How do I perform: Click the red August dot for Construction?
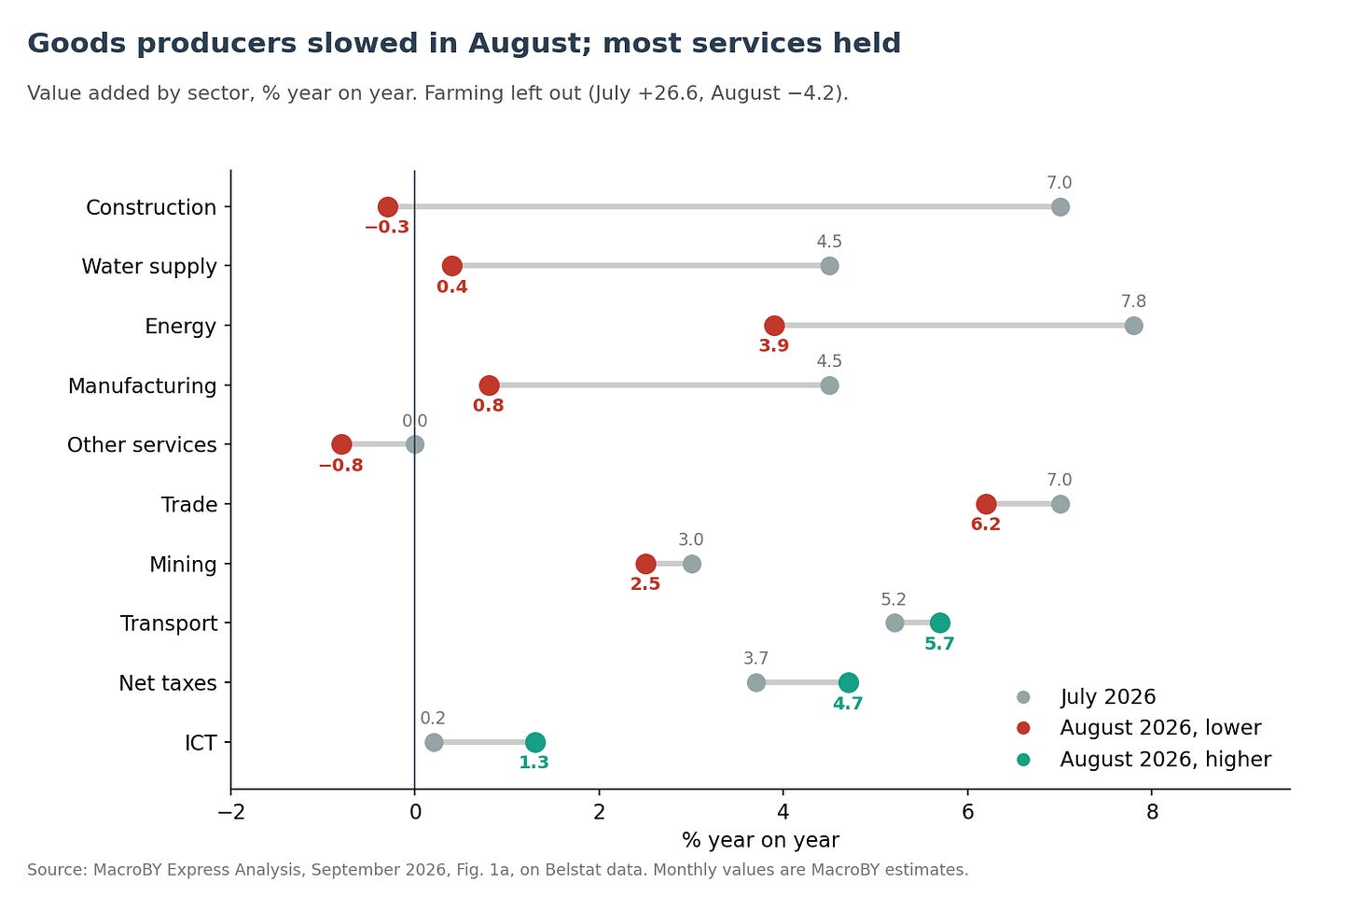pyautogui.click(x=387, y=207)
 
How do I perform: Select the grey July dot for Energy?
pyautogui.click(x=1134, y=326)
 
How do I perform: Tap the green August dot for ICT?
pyautogui.click(x=534, y=742)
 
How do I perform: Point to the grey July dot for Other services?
pyautogui.click(x=415, y=444)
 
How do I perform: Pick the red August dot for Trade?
pyautogui.click(x=986, y=504)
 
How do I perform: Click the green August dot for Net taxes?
pyautogui.click(x=848, y=682)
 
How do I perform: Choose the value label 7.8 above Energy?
pyautogui.click(x=1133, y=301)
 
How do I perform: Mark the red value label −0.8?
pyautogui.click(x=340, y=466)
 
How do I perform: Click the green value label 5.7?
pyautogui.click(x=939, y=643)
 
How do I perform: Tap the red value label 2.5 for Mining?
pyautogui.click(x=645, y=583)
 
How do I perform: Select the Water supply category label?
pyautogui.click(x=149, y=266)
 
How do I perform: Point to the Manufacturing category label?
pyautogui.click(x=142, y=386)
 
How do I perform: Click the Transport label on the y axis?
pyautogui.click(x=169, y=624)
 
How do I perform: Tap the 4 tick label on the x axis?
pyautogui.click(x=783, y=811)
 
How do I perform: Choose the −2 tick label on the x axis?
pyautogui.click(x=230, y=811)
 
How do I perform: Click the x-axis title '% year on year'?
pyautogui.click(x=760, y=841)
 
